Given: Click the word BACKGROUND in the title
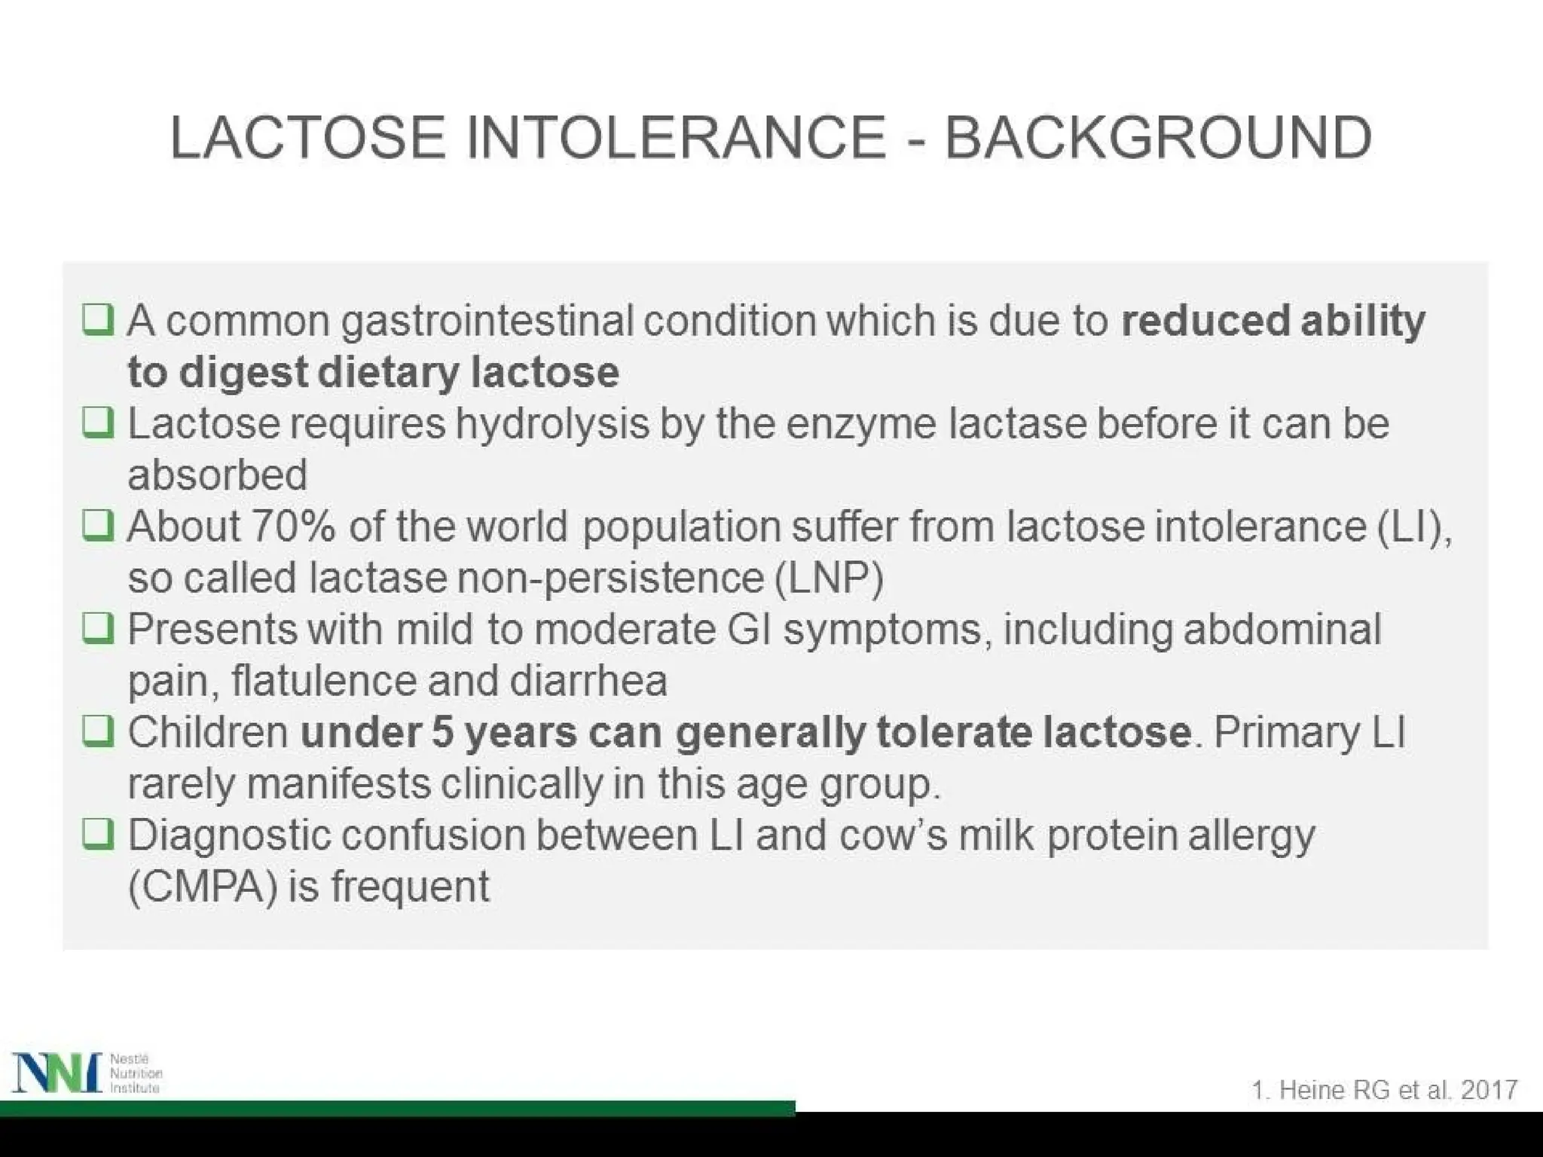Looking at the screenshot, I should click(x=1157, y=138).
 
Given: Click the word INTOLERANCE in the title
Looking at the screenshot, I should click(x=676, y=138).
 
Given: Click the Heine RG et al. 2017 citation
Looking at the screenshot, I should click(x=1384, y=1090).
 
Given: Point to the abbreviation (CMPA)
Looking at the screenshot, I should click(x=203, y=887).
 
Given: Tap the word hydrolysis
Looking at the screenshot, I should click(x=552, y=423).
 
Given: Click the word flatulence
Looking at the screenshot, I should click(x=323, y=680).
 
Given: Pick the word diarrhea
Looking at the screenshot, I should click(x=588, y=680).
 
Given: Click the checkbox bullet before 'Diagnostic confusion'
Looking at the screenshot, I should click(x=98, y=834).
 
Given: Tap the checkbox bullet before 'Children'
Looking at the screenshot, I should click(x=98, y=731).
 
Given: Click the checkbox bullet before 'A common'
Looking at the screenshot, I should click(x=98, y=320).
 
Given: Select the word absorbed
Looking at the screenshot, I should click(x=217, y=475).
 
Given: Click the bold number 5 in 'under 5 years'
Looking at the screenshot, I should click(x=442, y=732).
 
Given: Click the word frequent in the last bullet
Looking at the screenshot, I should click(x=410, y=887).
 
